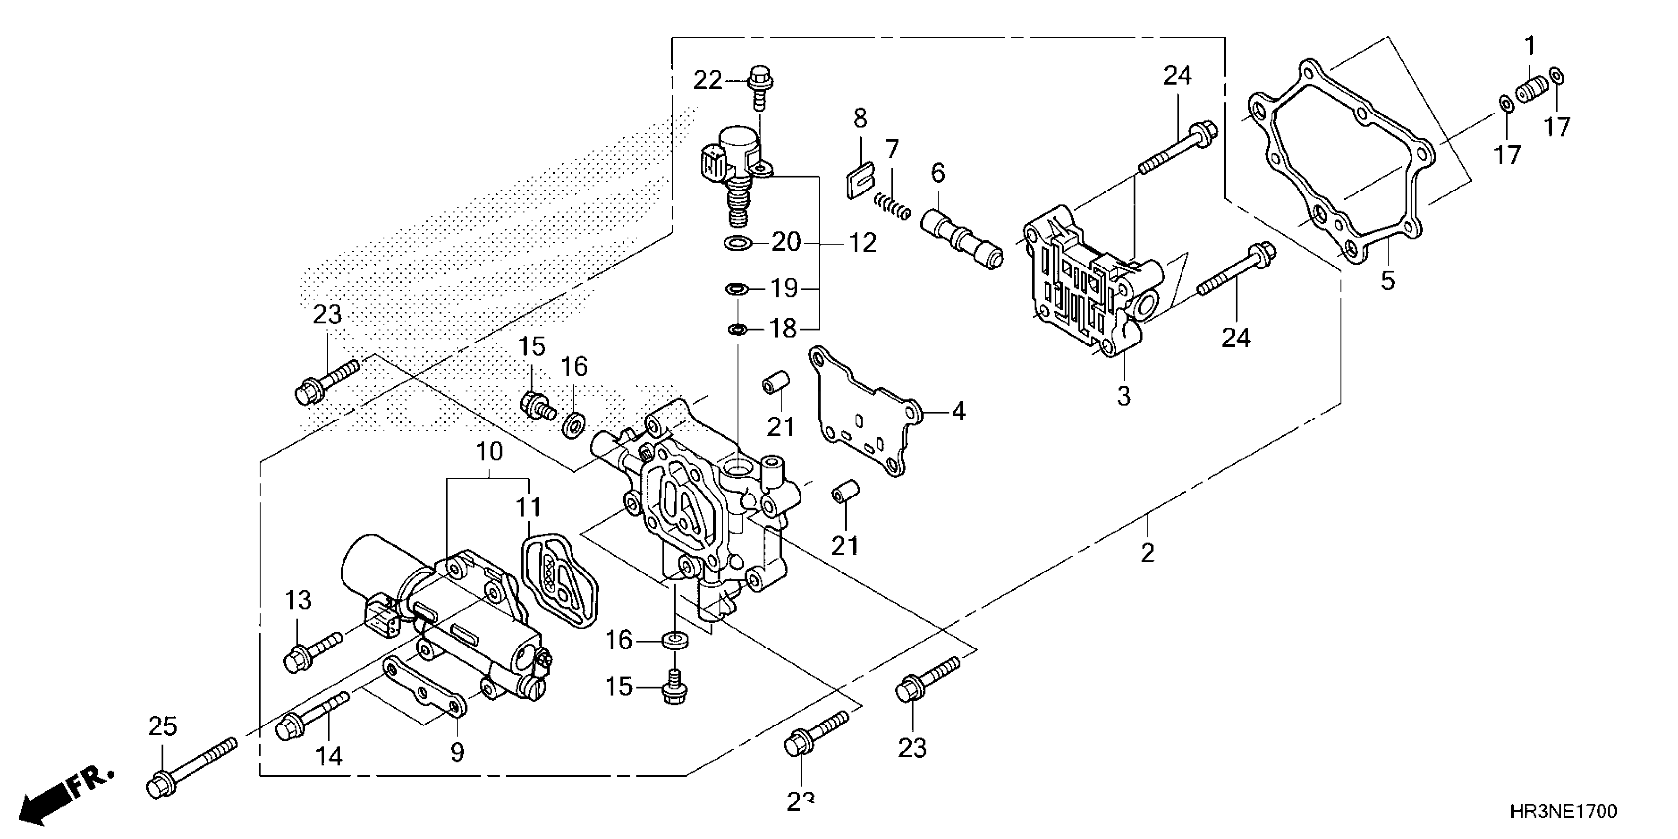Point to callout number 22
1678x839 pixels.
[x=707, y=81]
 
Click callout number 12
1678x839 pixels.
[x=863, y=243]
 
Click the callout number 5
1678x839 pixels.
[x=1388, y=281]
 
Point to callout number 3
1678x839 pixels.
[x=1124, y=396]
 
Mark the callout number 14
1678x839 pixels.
[x=329, y=756]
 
